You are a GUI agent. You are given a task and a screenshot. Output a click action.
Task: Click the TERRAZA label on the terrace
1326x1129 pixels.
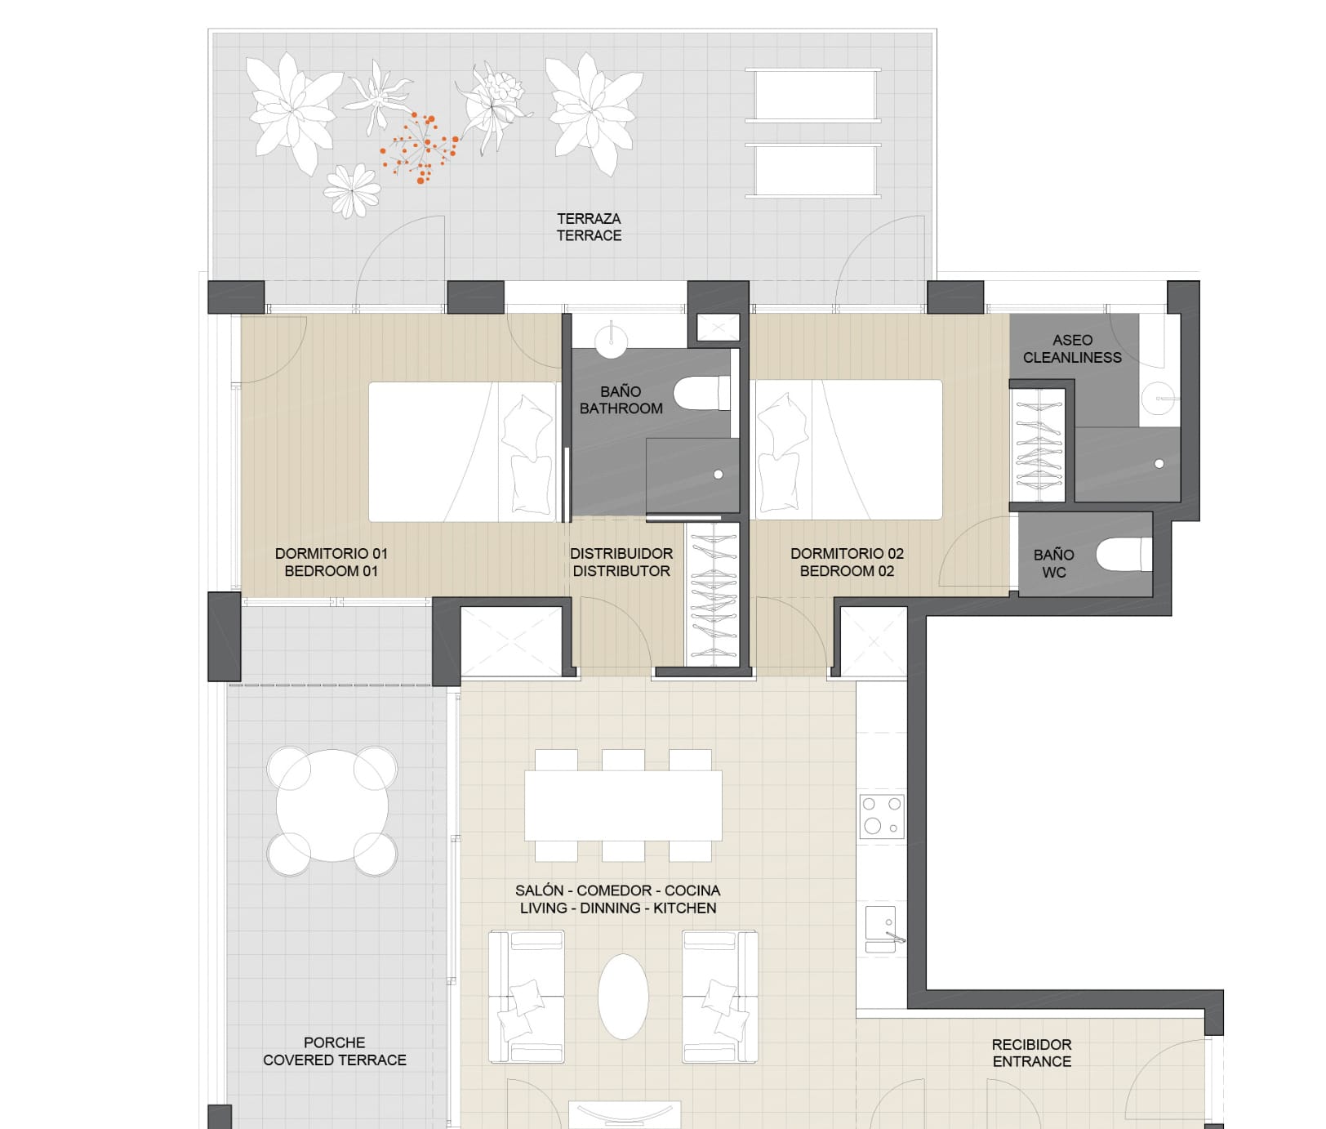589,219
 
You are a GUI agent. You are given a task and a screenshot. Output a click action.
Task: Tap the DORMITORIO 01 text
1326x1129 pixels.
331,554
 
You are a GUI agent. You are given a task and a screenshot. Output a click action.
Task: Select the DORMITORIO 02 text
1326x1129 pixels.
847,554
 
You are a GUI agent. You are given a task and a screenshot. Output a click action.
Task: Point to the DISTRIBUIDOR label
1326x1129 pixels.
621,554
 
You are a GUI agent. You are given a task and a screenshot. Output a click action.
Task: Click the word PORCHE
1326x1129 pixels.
334,1043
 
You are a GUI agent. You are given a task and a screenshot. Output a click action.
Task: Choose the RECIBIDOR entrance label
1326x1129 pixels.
1031,1045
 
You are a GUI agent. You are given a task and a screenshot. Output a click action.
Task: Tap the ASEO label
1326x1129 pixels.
1072,340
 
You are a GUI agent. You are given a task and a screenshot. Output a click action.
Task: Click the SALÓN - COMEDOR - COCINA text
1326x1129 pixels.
617,890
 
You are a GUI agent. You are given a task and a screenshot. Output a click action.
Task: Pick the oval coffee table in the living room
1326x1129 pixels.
623,997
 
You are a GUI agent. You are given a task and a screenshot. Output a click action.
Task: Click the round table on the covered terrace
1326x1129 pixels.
332,805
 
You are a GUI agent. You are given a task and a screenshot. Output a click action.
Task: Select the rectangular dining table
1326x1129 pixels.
623,805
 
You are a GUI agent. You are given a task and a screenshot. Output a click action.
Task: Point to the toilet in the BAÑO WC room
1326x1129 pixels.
1124,554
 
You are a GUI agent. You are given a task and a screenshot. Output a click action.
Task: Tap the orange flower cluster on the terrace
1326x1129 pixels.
420,147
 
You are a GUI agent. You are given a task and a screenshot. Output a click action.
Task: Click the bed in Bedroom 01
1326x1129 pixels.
463,452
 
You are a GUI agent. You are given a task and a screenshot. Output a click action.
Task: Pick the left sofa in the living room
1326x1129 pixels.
527,997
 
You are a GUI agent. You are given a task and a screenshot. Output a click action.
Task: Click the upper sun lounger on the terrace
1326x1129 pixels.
813,96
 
